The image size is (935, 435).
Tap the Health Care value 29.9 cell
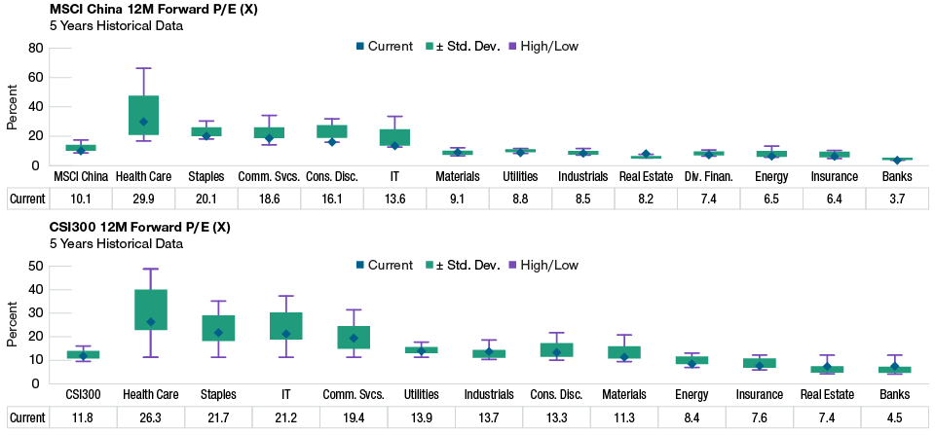(143, 199)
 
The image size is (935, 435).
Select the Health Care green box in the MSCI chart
(143, 115)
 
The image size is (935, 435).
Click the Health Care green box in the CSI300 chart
(151, 309)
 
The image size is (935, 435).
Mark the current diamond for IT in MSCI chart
(394, 145)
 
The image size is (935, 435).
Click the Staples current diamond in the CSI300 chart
(218, 333)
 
